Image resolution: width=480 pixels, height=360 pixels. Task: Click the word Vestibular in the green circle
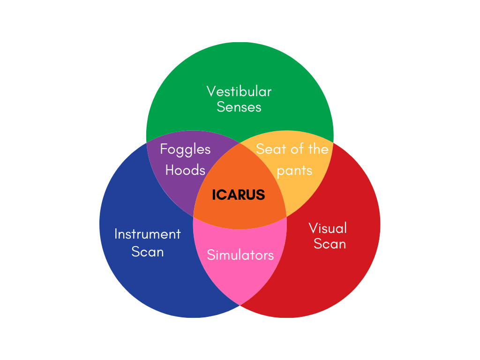[x=239, y=91]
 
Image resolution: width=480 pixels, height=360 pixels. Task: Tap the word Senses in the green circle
[x=239, y=107]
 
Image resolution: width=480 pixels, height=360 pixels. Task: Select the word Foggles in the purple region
[x=185, y=149]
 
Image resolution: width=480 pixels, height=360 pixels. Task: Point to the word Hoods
[x=185, y=170]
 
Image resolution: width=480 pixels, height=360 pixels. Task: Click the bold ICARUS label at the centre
[x=239, y=195]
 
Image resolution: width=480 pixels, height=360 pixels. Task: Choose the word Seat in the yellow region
[x=269, y=149]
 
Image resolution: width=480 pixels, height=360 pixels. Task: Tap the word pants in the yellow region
[x=294, y=170]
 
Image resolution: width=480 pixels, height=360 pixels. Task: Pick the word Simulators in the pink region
[x=240, y=255]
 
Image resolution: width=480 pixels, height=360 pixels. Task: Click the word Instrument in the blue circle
[x=148, y=234]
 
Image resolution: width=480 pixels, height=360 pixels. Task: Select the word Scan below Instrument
[x=148, y=252]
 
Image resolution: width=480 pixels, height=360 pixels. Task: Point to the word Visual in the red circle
[x=328, y=228]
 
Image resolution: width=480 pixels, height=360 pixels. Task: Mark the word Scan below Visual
[x=330, y=244]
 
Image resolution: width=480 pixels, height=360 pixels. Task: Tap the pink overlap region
[x=240, y=277]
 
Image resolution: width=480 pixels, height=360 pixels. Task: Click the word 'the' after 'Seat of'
[x=318, y=149]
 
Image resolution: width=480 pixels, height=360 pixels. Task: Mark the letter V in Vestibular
[x=211, y=91]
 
